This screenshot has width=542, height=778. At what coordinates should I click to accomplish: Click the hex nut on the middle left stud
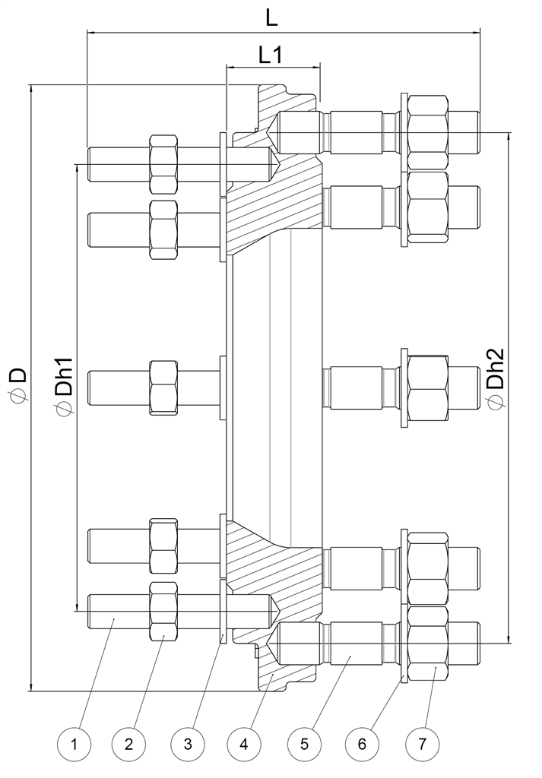[163, 387]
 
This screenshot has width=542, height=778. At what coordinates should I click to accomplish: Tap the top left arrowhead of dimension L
[93, 32]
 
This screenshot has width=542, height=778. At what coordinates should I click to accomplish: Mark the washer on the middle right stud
[404, 387]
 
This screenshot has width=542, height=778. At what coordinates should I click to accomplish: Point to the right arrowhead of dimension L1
[315, 67]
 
